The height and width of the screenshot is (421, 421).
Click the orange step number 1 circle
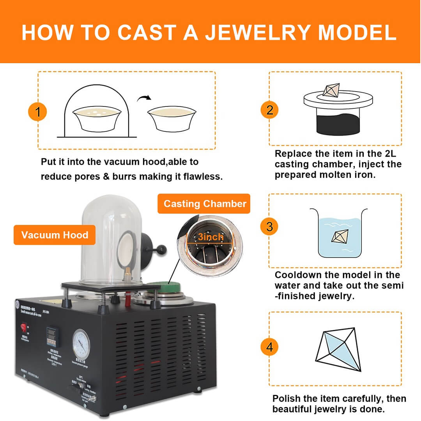click(x=38, y=112)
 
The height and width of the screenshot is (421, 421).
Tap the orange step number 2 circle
click(x=270, y=110)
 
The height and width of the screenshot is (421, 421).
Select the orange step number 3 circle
click(x=270, y=226)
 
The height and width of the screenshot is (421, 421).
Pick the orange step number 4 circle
click(x=270, y=347)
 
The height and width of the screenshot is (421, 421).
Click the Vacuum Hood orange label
click(x=55, y=235)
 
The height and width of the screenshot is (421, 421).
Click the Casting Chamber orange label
click(x=205, y=203)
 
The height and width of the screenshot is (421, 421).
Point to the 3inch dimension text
click(x=210, y=237)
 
